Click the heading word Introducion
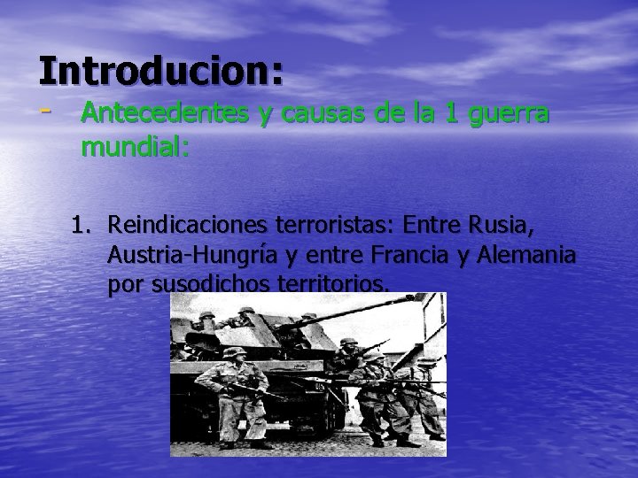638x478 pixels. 159,70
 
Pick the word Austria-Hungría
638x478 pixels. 182,258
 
